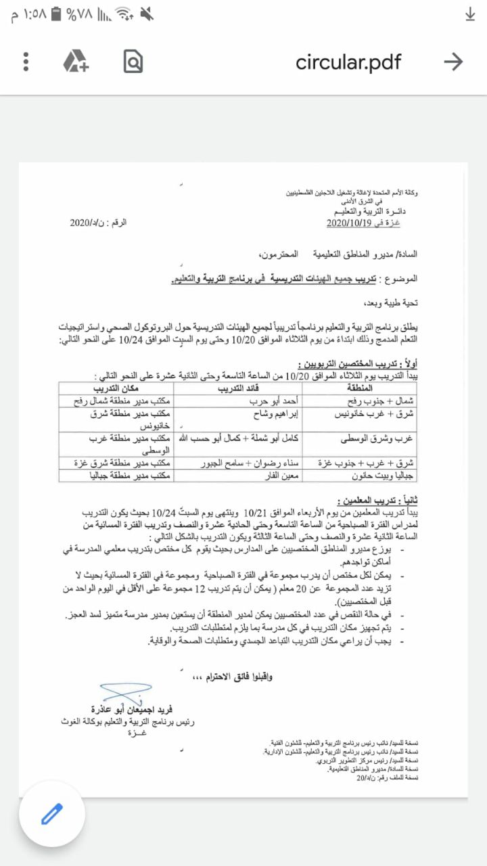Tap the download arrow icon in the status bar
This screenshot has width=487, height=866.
pos(471,15)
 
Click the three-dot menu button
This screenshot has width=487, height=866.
pos(26,62)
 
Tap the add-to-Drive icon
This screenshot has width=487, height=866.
pos(76,62)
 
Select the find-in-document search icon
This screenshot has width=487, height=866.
pos(133,62)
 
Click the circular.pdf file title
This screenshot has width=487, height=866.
pos(348,62)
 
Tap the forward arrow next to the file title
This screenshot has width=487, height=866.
pos(453,62)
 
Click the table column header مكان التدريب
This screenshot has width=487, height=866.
pos(116,388)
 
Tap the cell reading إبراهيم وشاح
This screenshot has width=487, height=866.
pos(252,413)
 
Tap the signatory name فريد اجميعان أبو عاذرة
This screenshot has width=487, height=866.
pos(133,709)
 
